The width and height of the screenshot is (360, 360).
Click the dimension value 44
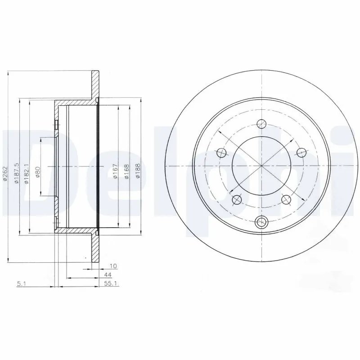tap(108, 275)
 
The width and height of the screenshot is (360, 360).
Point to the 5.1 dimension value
tap(21, 284)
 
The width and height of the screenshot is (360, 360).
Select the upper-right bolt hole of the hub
tap(301, 152)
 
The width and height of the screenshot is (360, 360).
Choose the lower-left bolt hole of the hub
tap(237, 199)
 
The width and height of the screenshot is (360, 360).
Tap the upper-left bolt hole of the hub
tap(221, 152)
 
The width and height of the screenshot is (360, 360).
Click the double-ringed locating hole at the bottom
tap(261, 221)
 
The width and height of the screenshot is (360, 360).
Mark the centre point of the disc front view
tap(261, 166)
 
